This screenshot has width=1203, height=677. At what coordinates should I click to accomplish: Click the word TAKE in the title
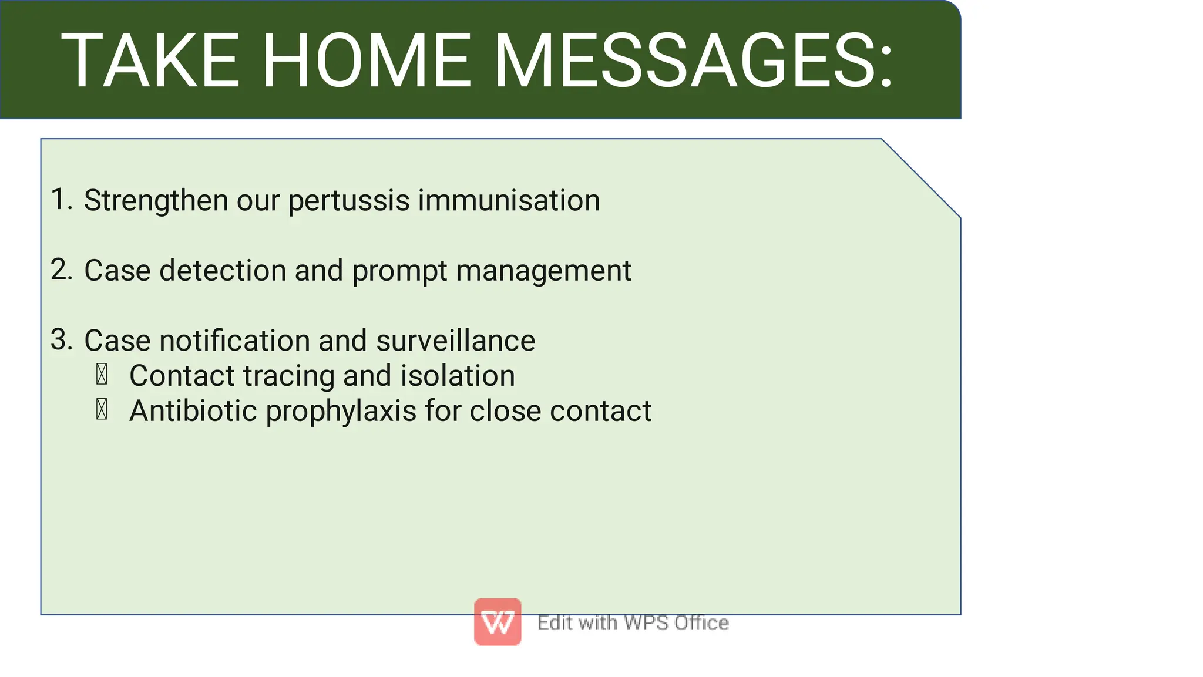coord(150,61)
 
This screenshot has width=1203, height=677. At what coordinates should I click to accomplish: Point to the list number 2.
coord(60,270)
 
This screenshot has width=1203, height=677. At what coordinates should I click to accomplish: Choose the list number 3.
coord(60,339)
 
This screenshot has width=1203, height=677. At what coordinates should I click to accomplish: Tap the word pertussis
coord(348,201)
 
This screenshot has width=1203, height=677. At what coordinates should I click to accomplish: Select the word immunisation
coord(509,200)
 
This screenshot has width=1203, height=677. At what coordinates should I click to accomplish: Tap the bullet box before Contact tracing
coord(102,375)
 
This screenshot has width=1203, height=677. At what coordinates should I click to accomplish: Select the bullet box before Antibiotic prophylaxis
coord(102,409)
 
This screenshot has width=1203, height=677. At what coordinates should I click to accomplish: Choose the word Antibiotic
coord(193,410)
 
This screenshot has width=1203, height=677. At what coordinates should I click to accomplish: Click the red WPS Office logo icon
coord(498,622)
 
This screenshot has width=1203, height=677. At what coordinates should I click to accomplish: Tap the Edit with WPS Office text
coord(633,622)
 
